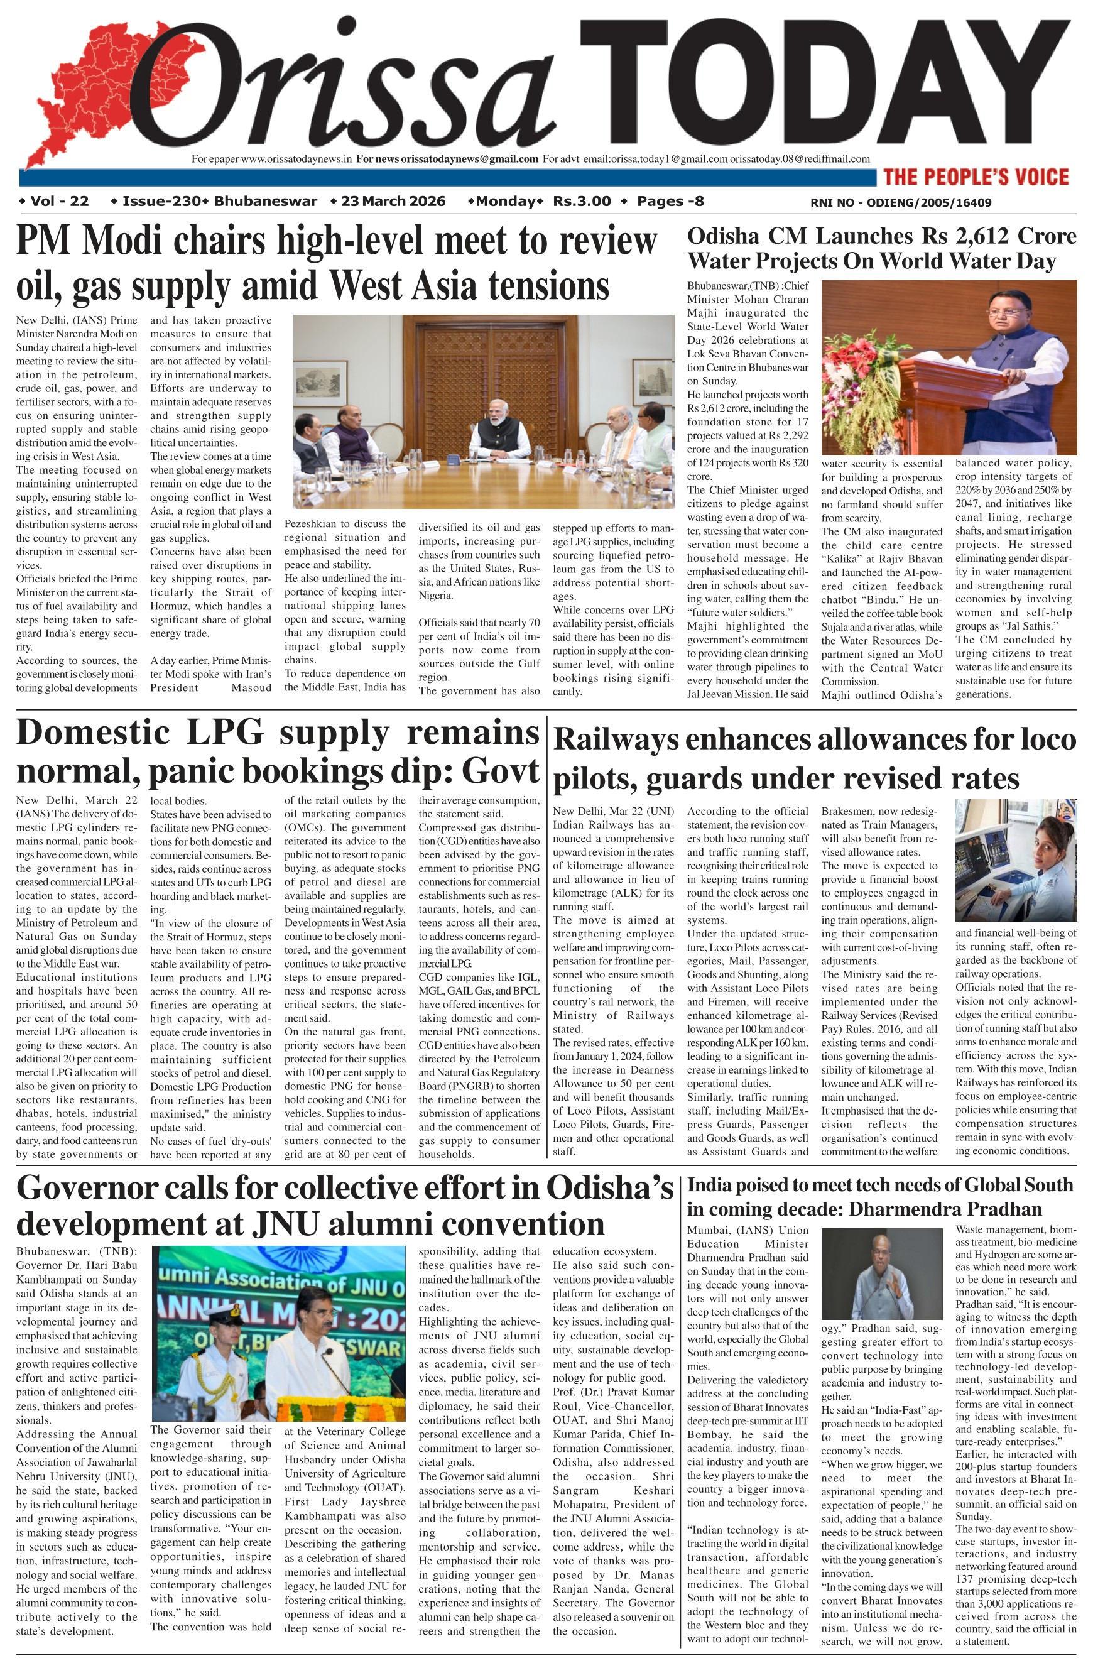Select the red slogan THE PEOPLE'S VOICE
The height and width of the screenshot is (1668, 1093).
point(976,177)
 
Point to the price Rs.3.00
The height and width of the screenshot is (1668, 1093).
point(582,202)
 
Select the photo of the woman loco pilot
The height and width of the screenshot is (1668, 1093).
point(1015,860)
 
